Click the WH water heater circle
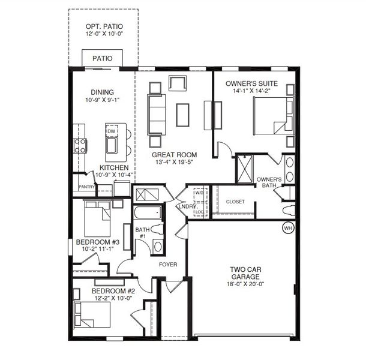coord(288,228)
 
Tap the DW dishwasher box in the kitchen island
coord(112,131)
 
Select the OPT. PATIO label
coord(104,26)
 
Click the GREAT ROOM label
coord(175,155)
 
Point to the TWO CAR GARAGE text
coord(245,273)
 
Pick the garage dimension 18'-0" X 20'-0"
coord(245,284)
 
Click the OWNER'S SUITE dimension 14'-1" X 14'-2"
coord(251,91)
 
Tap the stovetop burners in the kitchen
coord(80,146)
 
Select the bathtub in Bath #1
coord(148,212)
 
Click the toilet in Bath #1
coord(157,229)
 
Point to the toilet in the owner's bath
coord(289,210)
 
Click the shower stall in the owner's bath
coord(245,169)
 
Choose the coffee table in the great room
coord(182,115)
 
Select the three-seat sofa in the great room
coord(156,115)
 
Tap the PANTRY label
coord(87,187)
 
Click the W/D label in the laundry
coord(199,193)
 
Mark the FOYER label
coord(168,264)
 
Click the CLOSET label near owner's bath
coord(235,202)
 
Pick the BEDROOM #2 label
coord(113,291)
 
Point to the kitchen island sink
coord(112,145)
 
